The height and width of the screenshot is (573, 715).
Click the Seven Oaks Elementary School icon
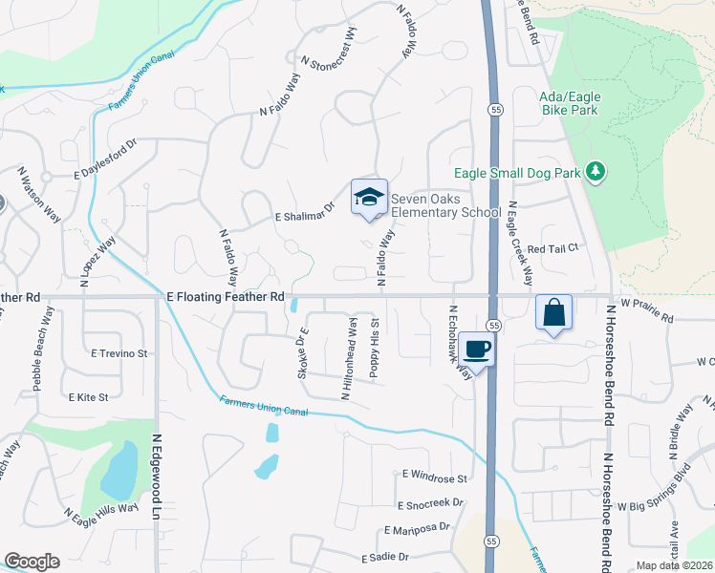(x=369, y=197)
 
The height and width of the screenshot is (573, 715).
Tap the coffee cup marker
(x=476, y=349)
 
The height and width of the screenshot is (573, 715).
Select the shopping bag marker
(x=554, y=311)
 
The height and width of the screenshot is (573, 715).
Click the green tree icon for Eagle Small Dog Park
(x=596, y=171)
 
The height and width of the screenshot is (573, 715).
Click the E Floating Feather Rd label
(x=226, y=298)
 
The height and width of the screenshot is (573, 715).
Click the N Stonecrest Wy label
(x=330, y=49)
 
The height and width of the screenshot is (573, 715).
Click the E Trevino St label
(x=119, y=353)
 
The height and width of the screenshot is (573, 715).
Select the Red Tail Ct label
(x=560, y=247)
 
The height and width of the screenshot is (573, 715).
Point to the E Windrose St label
(x=434, y=476)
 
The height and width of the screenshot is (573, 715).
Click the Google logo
(x=32, y=562)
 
